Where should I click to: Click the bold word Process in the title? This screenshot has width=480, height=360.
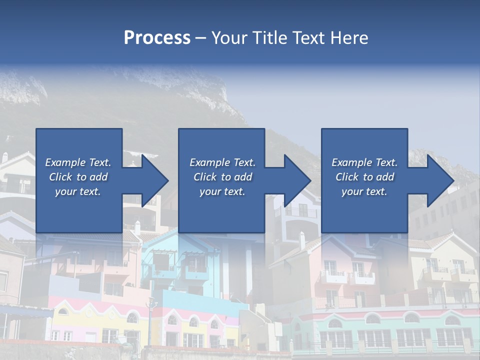click(157, 38)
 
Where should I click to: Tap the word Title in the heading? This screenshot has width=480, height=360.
click(270, 38)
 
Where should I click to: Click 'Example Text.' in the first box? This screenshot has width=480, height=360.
click(78, 162)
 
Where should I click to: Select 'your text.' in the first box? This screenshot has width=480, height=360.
click(78, 191)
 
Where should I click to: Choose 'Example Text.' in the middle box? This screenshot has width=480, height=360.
click(222, 162)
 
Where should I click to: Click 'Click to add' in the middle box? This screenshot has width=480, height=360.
click(222, 177)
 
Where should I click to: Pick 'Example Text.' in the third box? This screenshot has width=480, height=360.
click(364, 162)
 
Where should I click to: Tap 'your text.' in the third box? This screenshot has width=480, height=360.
click(364, 191)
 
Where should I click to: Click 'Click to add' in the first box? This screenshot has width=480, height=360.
click(78, 177)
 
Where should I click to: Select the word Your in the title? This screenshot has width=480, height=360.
click(228, 38)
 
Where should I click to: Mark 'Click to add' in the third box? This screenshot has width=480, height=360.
click(364, 177)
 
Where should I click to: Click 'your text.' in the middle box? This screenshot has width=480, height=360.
click(222, 191)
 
